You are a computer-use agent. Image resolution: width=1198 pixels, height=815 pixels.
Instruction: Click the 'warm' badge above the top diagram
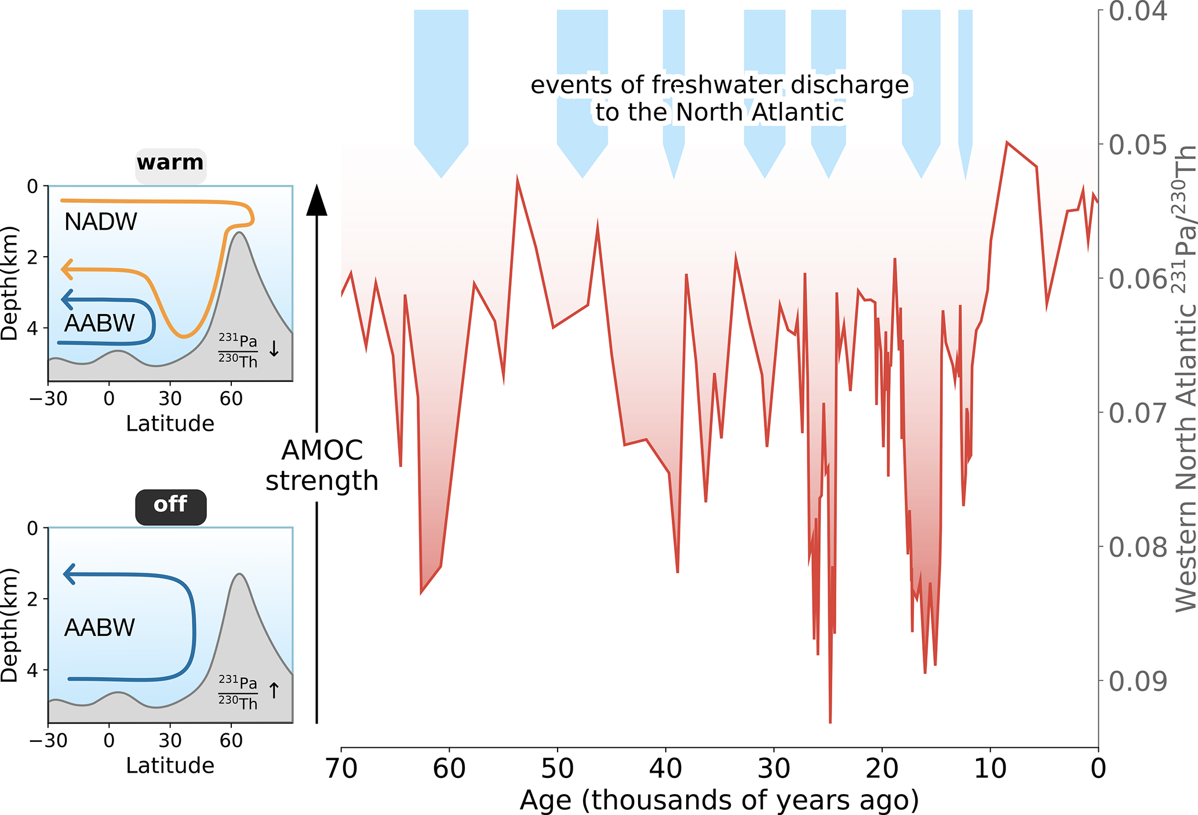pos(170,163)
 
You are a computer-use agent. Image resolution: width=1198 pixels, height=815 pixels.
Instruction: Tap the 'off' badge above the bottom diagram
pos(170,505)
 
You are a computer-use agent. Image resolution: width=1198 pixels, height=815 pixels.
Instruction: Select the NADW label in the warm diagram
pos(101,222)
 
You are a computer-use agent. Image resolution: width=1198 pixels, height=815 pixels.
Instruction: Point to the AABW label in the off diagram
pos(100,628)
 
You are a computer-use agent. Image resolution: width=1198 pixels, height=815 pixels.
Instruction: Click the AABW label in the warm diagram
pos(100,323)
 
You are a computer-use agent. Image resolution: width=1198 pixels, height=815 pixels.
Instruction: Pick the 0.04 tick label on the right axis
pos(1138,12)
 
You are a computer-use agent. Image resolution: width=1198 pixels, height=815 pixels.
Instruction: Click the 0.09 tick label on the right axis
pos(1138,682)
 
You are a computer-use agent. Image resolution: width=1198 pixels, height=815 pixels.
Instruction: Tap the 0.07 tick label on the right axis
pos(1138,413)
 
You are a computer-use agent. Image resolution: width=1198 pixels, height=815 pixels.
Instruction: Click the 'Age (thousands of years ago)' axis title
pos(719,801)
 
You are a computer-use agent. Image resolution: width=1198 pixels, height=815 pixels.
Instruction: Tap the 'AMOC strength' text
pos(322,465)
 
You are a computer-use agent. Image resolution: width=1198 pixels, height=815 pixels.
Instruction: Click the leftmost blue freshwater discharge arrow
pos(441,87)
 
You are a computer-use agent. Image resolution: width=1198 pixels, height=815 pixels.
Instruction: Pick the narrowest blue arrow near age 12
pos(965,87)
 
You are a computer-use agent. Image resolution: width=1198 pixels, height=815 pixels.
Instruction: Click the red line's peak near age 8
pos(1007,143)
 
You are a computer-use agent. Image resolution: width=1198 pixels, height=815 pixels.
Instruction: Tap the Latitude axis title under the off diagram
pos(170,766)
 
